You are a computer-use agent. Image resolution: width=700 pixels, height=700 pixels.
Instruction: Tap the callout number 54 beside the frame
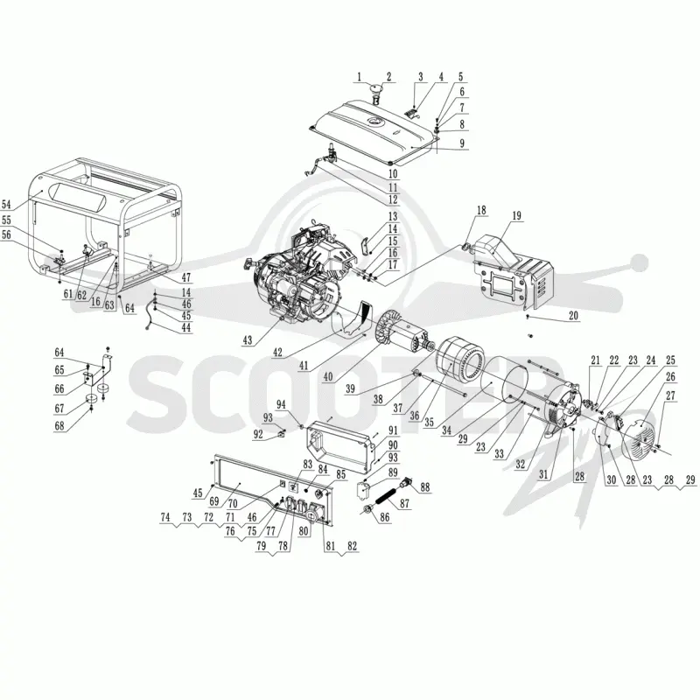(x=6, y=205)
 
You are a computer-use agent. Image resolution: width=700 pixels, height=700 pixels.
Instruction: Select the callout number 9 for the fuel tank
(x=462, y=143)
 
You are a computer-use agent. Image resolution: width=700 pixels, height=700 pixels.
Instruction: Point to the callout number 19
(x=516, y=215)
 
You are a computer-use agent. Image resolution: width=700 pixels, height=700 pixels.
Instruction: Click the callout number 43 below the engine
(x=248, y=340)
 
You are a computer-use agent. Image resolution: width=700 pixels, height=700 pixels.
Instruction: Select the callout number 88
(x=425, y=487)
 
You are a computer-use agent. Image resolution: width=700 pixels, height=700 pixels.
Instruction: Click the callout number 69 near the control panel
(x=214, y=500)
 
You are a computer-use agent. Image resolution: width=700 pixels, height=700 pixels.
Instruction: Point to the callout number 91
(x=393, y=430)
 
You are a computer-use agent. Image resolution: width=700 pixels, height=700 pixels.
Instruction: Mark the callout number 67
(x=59, y=409)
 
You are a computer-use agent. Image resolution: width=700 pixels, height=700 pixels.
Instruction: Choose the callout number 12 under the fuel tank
(x=393, y=199)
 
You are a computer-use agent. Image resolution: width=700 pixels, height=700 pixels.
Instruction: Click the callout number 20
(x=573, y=316)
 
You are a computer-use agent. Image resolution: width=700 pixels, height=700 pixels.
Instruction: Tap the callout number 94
(x=281, y=404)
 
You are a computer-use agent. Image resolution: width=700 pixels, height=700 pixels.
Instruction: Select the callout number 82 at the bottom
(x=353, y=545)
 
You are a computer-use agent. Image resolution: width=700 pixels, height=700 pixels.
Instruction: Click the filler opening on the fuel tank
(x=374, y=122)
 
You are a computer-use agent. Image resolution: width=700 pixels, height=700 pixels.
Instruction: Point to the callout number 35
(x=429, y=423)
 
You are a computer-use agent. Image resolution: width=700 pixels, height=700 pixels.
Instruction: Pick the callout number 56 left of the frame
(x=6, y=234)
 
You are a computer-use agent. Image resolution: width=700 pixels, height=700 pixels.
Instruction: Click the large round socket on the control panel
(x=312, y=515)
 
